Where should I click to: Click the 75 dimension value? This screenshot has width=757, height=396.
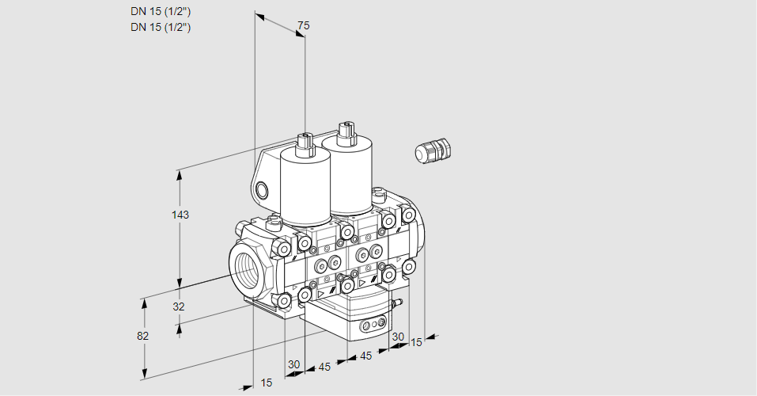click(x=303, y=26)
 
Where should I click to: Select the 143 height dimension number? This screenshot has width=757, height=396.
click(x=181, y=215)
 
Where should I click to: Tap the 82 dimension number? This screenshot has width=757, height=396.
click(x=142, y=336)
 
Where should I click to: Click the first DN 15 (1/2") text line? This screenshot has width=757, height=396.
click(x=161, y=11)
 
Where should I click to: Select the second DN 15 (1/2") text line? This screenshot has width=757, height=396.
click(x=161, y=27)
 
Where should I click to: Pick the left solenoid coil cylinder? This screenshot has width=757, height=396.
click(x=305, y=191)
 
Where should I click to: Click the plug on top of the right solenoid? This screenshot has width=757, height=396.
click(x=344, y=131)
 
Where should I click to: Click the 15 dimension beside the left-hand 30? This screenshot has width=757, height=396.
click(x=267, y=383)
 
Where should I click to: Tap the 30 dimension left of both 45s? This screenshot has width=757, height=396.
click(x=294, y=364)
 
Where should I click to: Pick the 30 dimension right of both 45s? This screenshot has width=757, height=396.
click(x=397, y=337)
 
